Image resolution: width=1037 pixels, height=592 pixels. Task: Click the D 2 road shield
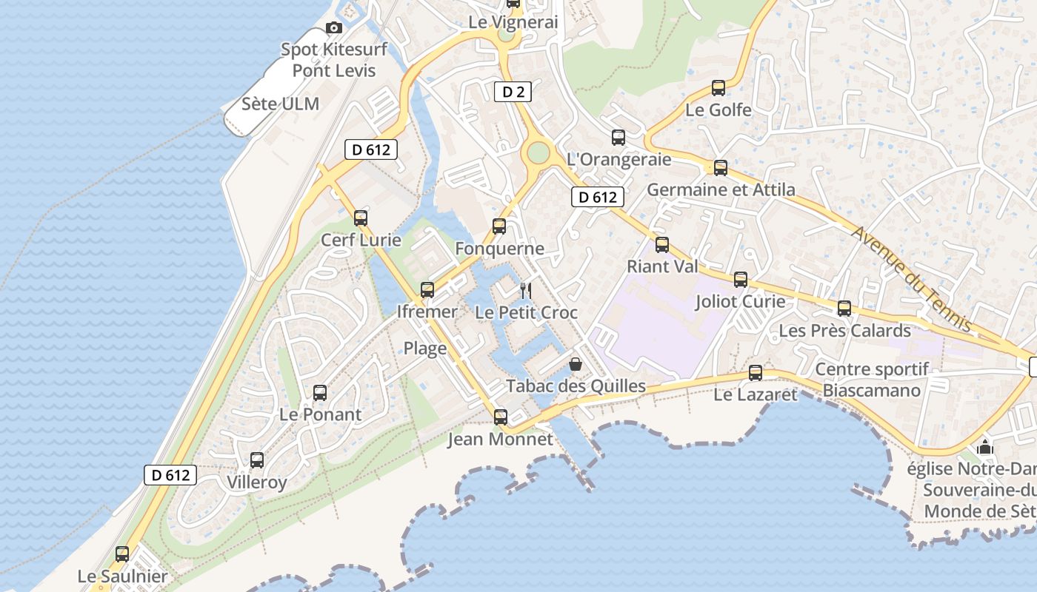513,92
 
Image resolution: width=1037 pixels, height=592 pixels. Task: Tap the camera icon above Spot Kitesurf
334,28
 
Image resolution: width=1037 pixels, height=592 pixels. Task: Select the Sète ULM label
280,104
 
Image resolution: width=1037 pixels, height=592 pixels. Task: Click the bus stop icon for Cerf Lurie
361,218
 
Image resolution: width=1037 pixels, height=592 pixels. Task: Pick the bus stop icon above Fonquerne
499,226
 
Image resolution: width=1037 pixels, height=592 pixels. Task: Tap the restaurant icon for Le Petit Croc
526,290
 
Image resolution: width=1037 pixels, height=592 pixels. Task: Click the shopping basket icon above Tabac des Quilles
575,364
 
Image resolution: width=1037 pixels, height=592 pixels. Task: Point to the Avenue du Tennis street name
910,278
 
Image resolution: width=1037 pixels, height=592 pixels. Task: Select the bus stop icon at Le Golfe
718,88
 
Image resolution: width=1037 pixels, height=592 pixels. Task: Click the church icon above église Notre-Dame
984,447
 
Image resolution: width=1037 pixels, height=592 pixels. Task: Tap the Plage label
425,348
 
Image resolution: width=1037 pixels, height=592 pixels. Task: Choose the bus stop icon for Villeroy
257,460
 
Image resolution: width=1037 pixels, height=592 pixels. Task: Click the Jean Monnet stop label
500,440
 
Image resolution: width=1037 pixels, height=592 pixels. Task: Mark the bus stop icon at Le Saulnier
122,554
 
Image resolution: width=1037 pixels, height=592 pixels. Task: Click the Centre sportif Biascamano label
872,380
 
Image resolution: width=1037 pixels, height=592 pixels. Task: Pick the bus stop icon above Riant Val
661,244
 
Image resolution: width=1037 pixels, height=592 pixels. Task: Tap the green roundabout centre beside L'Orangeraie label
538,153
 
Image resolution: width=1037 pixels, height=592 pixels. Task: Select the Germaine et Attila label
721,189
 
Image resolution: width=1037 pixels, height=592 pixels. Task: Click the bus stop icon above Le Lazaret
756,373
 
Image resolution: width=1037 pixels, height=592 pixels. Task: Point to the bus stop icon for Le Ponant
320,393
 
